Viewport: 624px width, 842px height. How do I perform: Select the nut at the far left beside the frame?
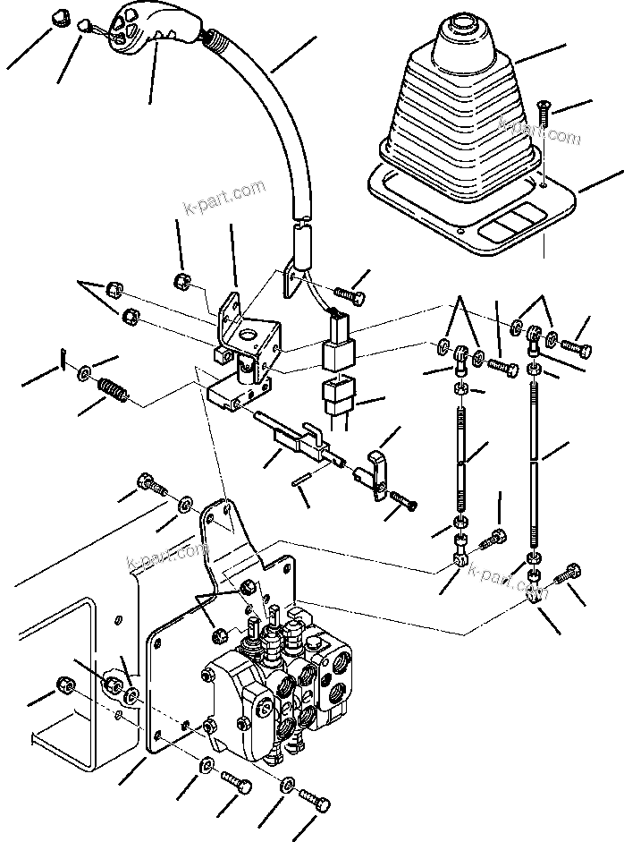point(64,685)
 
